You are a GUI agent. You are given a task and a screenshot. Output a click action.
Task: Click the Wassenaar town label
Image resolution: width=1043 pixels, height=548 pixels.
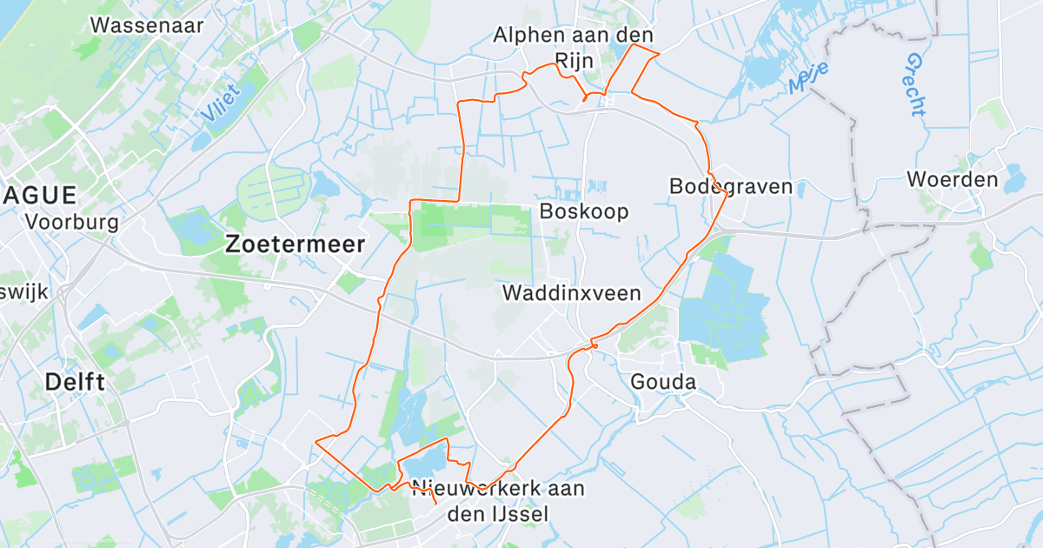click(x=147, y=24)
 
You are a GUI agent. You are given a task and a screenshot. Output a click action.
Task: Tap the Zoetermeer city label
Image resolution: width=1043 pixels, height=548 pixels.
click(x=295, y=244)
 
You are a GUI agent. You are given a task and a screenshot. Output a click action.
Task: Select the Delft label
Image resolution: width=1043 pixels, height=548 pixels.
click(x=75, y=381)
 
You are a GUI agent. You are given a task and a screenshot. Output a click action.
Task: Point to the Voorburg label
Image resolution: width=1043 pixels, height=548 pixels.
click(x=72, y=221)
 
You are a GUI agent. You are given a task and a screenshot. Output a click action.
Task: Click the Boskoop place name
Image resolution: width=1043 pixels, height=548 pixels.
click(x=583, y=211)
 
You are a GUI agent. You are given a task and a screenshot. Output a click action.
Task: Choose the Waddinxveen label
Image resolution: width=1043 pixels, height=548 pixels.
click(x=571, y=292)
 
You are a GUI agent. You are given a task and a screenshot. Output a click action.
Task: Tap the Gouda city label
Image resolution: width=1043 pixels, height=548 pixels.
click(x=663, y=382)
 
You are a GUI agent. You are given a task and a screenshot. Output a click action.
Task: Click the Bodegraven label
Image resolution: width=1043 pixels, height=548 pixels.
click(x=731, y=186)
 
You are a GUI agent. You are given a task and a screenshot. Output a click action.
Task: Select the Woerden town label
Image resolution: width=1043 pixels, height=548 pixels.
click(x=952, y=179)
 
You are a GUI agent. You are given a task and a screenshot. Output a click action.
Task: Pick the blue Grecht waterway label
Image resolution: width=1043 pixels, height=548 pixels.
click(x=916, y=84)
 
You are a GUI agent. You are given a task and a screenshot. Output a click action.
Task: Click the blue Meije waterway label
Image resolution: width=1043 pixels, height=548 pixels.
click(x=809, y=78)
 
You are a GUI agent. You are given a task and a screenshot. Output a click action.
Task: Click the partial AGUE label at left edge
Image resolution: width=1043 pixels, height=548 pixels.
click(x=40, y=194)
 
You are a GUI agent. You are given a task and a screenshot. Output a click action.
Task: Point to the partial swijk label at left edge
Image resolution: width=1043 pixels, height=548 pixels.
click(x=24, y=291)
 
